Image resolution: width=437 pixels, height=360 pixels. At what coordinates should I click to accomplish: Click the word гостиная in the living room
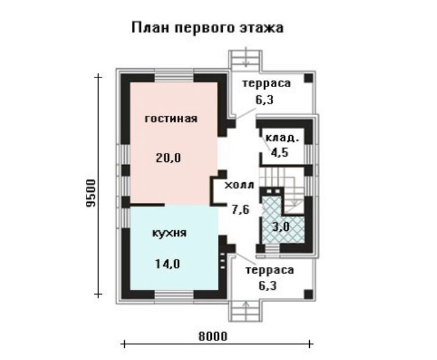(x=171, y=119)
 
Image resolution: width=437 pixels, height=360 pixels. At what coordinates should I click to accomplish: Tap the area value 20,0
(x=169, y=158)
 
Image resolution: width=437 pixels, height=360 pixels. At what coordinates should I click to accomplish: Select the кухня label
(x=169, y=233)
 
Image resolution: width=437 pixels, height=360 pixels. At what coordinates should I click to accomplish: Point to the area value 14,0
(x=167, y=264)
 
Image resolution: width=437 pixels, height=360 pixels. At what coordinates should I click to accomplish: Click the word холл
(x=239, y=185)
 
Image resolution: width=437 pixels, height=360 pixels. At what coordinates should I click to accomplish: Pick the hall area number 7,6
(x=241, y=209)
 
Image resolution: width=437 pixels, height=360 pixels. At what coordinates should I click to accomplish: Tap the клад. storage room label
(x=282, y=138)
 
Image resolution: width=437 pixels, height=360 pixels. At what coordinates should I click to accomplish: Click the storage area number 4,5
(x=279, y=152)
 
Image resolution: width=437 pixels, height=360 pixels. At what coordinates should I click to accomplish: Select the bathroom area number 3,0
(x=281, y=227)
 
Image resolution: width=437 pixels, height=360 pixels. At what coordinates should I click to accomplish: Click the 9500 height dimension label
(x=91, y=193)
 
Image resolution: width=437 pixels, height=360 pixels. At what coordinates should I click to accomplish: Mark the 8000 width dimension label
(x=213, y=336)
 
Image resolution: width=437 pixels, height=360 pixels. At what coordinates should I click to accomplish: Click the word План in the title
(x=150, y=28)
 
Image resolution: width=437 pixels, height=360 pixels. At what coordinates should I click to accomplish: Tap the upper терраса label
(x=267, y=83)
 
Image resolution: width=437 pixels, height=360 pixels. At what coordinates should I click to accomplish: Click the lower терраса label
(x=270, y=270)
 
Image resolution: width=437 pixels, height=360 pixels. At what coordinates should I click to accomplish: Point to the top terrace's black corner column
(x=309, y=78)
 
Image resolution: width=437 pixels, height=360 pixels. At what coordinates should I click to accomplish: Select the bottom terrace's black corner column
(x=309, y=294)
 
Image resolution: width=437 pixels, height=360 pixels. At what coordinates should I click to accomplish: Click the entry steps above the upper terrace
(x=245, y=59)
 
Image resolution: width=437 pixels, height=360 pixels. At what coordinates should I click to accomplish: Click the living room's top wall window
(x=174, y=77)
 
